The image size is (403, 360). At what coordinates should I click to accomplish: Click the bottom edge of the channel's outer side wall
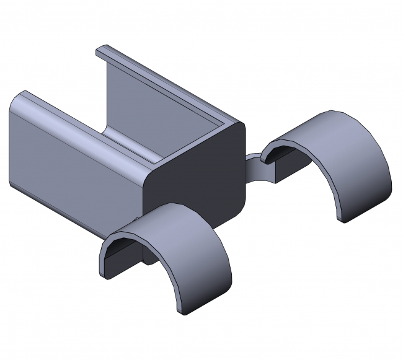pyautogui.click(x=74, y=208)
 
